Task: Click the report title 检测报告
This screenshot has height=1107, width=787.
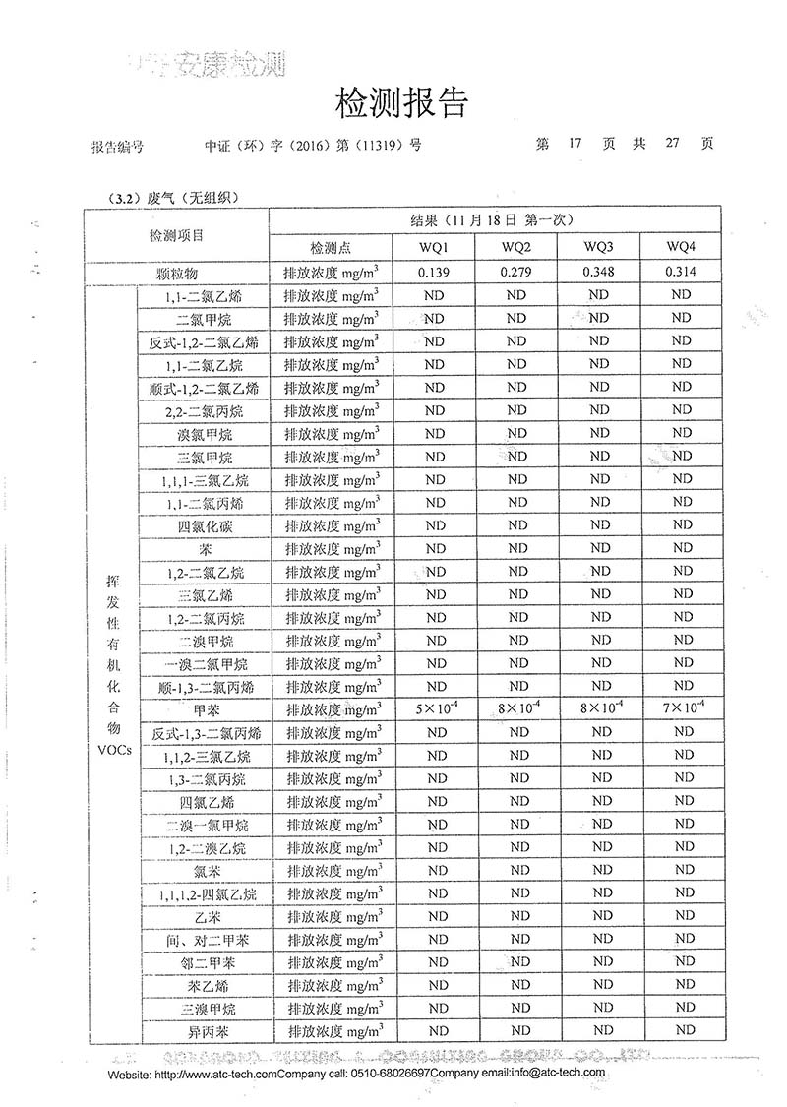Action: click(x=401, y=102)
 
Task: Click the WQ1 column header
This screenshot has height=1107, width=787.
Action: click(x=434, y=246)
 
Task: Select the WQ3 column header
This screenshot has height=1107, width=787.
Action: click(x=599, y=246)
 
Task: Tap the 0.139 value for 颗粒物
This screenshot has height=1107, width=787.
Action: click(x=434, y=272)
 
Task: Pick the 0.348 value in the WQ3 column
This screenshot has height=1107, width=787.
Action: click(x=599, y=272)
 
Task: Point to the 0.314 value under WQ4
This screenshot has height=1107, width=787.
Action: click(x=681, y=272)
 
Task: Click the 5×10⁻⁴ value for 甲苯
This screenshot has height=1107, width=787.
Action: click(x=434, y=708)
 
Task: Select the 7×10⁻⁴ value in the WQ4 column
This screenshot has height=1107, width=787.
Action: click(x=681, y=708)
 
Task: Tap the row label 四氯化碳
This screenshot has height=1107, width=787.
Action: click(x=206, y=526)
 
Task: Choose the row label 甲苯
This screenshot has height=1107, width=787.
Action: click(x=206, y=709)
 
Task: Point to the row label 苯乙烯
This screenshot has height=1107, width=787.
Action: click(x=206, y=985)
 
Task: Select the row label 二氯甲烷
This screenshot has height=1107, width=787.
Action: click(x=206, y=319)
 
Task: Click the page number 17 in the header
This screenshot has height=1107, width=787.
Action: click(x=575, y=144)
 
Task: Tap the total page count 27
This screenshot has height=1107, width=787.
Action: click(x=673, y=144)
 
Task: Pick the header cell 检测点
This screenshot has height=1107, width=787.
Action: click(x=331, y=246)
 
